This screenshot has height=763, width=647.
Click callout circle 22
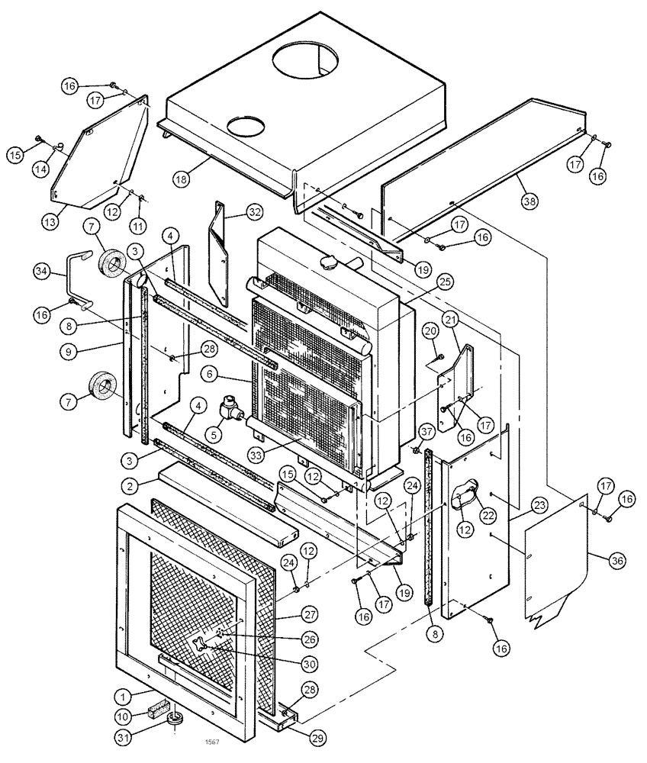point(466,516)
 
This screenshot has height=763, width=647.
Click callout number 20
point(430,331)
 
